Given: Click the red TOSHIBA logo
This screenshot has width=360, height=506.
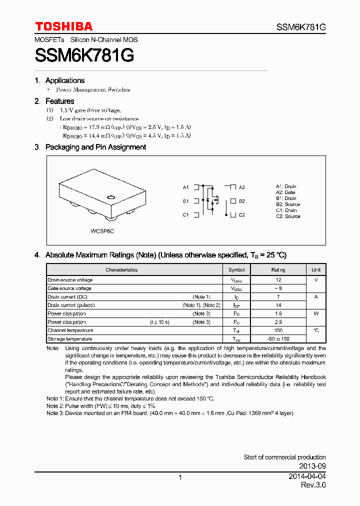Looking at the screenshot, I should click(63, 26).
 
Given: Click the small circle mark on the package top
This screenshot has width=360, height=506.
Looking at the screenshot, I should click(111, 196).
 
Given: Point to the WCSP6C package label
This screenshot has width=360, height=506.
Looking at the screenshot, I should click(102, 231).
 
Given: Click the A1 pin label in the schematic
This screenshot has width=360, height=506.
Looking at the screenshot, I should click(185, 187).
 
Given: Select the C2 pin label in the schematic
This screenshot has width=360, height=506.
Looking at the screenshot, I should click(241, 215).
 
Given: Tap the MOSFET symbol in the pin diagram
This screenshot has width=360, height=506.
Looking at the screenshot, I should click(212, 200).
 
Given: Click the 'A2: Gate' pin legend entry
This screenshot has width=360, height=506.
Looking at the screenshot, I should click(285, 192).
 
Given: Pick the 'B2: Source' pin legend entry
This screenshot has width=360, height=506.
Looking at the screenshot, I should click(288, 204).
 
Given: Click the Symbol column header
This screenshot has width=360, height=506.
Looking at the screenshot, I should click(236, 269).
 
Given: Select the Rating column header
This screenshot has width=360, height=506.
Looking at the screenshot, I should click(278, 269).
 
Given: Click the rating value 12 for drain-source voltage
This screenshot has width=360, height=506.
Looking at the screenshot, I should click(278, 280).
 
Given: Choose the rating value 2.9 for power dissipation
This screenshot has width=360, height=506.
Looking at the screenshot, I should click(278, 322).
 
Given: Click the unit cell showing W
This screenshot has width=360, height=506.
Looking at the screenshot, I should click(316, 313).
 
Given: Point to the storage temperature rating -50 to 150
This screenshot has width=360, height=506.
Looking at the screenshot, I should click(278, 339).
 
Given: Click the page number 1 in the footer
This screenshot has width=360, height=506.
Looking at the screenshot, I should click(180, 477).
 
